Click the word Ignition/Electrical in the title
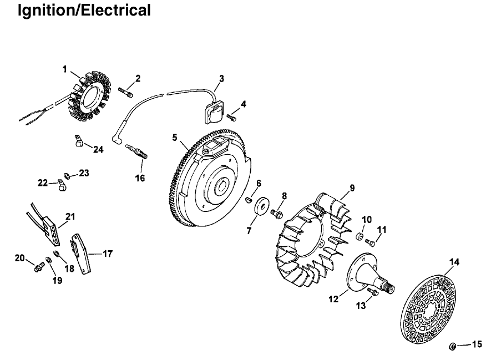[84, 11]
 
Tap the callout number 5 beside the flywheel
[174, 137]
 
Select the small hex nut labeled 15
[452, 347]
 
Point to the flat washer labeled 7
[261, 206]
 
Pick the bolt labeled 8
[277, 214]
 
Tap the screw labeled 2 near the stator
[125, 92]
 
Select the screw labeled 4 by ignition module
[231, 118]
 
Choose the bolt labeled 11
[370, 242]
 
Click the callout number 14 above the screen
[454, 262]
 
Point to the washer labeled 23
[67, 175]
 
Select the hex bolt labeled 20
[39, 267]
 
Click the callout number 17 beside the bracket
[108, 253]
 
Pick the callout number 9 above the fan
[352, 188]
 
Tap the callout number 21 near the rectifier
[70, 216]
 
